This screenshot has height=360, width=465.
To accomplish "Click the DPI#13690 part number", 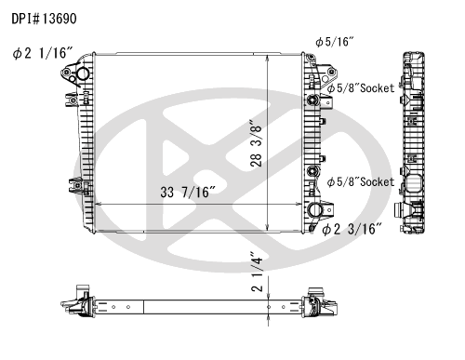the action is [x=44, y=19].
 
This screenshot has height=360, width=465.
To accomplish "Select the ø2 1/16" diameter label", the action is [x=43, y=53].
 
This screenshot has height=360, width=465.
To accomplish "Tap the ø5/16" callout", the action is [x=335, y=42].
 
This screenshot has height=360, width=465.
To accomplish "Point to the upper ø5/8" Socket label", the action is [x=361, y=88].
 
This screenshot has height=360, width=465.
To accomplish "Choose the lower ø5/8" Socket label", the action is [x=361, y=182].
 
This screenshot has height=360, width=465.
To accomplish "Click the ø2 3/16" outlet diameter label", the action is [x=352, y=230].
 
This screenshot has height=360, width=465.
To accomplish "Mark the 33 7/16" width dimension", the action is [x=188, y=193].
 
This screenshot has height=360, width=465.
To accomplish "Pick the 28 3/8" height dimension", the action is [x=257, y=143].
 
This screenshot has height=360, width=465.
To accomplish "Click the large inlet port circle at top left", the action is [x=83, y=73].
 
